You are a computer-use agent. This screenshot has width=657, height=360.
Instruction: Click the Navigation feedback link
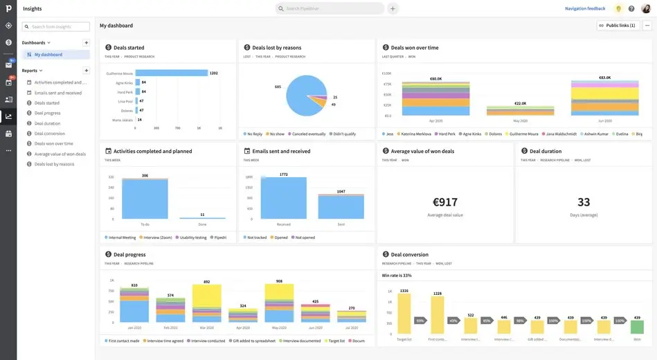(x=584, y=8)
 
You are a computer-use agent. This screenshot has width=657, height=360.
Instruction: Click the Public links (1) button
(x=616, y=26)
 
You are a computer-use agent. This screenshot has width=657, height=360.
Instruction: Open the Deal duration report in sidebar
(x=47, y=123)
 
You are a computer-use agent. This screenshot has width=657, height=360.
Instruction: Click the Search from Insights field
(x=56, y=27)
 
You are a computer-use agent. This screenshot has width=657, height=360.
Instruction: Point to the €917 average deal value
(x=445, y=202)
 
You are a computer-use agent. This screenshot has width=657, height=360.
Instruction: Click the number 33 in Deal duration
(x=584, y=202)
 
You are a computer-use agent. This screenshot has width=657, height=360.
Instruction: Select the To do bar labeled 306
(x=145, y=199)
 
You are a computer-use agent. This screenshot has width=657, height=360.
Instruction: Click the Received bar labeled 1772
(x=283, y=199)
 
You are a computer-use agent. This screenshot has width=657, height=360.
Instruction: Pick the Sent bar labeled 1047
(x=341, y=207)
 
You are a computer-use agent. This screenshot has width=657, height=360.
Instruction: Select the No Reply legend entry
(x=254, y=134)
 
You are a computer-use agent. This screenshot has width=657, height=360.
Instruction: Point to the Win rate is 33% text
(x=397, y=275)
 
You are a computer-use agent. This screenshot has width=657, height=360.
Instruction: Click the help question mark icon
(x=631, y=8)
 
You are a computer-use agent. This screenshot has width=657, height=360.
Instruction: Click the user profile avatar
(x=645, y=8)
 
